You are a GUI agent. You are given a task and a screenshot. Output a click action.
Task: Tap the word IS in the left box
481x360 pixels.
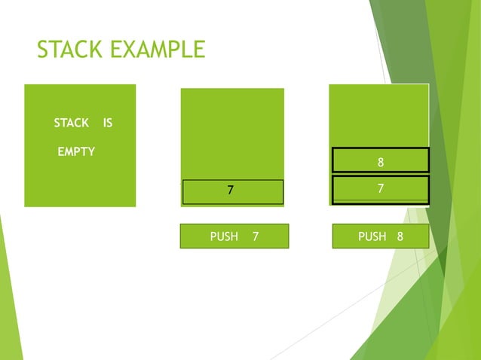[108, 123]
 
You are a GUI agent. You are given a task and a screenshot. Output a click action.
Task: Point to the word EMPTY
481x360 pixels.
[76, 151]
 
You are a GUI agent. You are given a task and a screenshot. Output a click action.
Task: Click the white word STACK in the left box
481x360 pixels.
[71, 123]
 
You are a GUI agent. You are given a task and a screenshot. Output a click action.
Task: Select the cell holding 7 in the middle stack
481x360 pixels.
[232, 191]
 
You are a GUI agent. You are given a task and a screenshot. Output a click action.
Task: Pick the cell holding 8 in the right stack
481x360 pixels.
[381, 160]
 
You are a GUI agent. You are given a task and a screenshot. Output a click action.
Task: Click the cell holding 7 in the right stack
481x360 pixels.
[381, 188]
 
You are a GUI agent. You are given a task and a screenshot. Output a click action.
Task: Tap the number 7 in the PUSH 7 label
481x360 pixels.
[256, 236]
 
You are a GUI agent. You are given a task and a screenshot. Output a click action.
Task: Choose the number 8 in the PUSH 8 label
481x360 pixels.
[400, 236]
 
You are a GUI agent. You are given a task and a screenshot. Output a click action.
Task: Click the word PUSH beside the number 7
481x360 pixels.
[224, 236]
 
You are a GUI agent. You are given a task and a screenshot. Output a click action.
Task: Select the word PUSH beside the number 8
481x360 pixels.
[372, 236]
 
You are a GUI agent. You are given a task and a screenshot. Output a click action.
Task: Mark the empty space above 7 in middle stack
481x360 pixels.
[232, 133]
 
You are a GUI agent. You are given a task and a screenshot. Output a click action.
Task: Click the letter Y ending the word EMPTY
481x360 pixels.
[91, 151]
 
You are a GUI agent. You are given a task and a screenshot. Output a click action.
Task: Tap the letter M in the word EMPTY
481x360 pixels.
[70, 151]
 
